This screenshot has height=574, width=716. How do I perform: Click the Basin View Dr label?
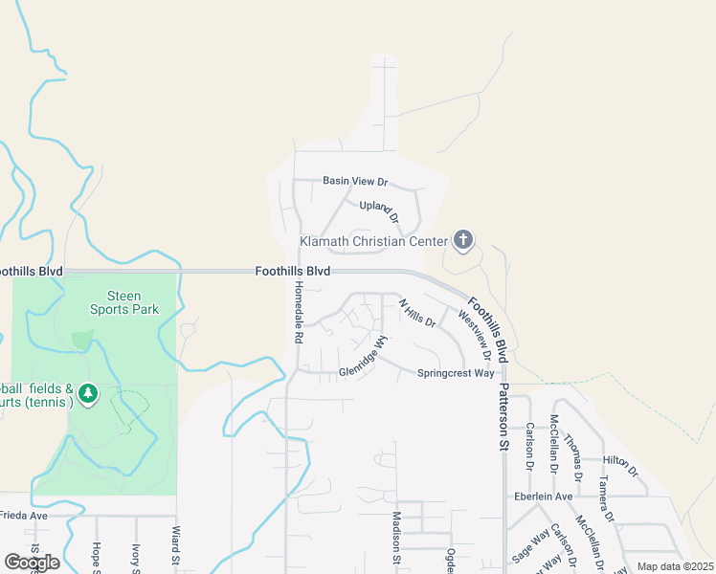pyautogui.click(x=355, y=181)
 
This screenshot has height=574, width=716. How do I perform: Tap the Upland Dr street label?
pyautogui.click(x=378, y=207)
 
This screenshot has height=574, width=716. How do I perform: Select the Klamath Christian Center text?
pyautogui.click(x=373, y=241)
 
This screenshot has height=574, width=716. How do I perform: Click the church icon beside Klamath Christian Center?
pyautogui.click(x=463, y=240)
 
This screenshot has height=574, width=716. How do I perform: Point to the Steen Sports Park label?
pyautogui.click(x=124, y=302)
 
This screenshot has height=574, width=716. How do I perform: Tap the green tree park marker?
pyautogui.click(x=89, y=394)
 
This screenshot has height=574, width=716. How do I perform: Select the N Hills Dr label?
pyautogui.click(x=416, y=315)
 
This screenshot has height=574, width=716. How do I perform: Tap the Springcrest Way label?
pyautogui.click(x=455, y=373)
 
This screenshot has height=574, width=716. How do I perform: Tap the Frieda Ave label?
pyautogui.click(x=23, y=515)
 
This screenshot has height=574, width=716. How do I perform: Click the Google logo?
pyautogui.click(x=32, y=563)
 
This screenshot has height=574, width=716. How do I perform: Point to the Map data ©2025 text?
pyautogui.click(x=674, y=566)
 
